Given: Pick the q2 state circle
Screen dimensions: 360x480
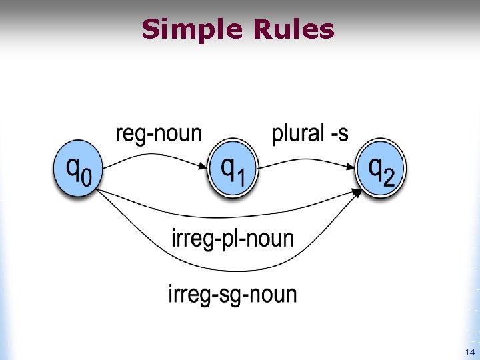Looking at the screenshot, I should click(x=380, y=170).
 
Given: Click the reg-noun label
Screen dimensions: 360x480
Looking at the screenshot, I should click(x=158, y=133).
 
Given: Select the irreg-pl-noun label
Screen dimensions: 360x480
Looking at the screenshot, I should click(x=233, y=238).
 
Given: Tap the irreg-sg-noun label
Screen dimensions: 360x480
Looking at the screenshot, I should click(x=233, y=293).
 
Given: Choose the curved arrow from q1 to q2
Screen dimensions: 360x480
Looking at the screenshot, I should click(x=303, y=159).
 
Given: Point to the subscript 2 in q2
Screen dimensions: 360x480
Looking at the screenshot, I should click(x=389, y=179).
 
